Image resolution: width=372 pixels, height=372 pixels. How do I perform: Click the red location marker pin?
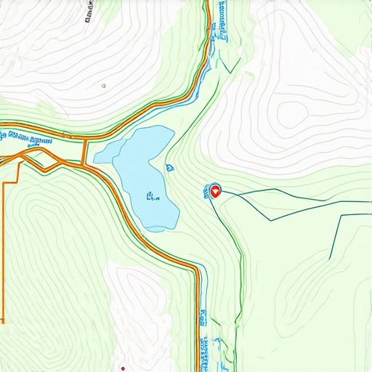click(x=214, y=192)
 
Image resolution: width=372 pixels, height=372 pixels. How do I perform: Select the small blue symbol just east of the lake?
click(x=169, y=167)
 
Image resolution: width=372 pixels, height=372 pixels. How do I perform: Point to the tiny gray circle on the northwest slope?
click(x=104, y=86)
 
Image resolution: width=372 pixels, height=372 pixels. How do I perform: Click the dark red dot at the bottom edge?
click(x=123, y=368)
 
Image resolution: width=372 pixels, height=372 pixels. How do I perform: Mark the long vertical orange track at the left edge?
click(x=4, y=247)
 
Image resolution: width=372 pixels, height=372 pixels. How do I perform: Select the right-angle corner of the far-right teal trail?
click(x=339, y=216)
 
